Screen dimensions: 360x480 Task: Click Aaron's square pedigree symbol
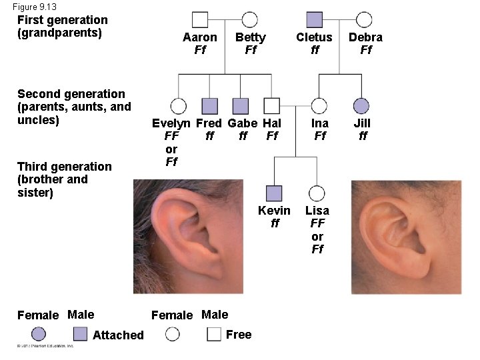200,20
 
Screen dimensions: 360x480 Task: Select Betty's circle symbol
250,20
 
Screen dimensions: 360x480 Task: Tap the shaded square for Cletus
315,20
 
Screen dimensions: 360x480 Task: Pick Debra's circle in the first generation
364,20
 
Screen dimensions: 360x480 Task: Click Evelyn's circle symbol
178,106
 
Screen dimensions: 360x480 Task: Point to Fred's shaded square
210,106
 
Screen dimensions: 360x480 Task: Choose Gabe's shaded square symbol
241,106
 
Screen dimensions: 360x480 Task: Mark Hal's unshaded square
271,106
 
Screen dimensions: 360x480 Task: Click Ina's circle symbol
319,106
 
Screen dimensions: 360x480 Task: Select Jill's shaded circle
361,106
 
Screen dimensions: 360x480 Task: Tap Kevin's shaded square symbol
274,193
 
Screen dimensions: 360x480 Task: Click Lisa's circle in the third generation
317,193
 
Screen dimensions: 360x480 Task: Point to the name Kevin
275,211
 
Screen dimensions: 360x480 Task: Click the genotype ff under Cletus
315,50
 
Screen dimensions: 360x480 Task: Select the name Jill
362,123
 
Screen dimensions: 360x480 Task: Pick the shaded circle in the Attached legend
39,334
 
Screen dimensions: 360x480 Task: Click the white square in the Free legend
214,334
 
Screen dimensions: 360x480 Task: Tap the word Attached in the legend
118,335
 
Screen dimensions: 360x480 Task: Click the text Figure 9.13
35,7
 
